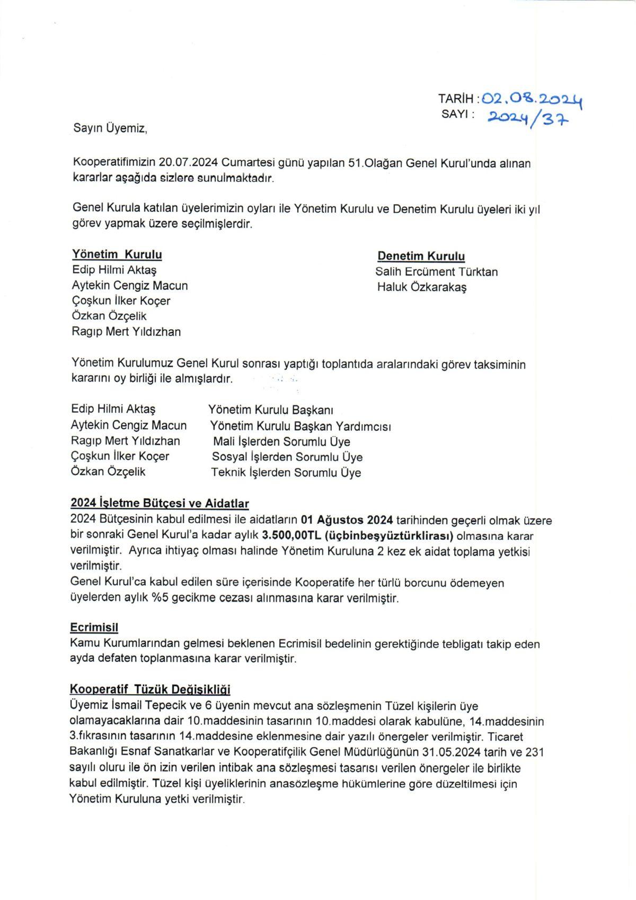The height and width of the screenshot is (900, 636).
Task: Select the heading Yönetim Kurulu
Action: (x=117, y=254)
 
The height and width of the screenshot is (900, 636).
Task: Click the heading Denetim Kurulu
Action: (x=421, y=256)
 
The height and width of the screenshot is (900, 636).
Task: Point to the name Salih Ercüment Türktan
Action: (x=437, y=272)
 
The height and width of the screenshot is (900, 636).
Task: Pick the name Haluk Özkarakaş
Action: (x=422, y=288)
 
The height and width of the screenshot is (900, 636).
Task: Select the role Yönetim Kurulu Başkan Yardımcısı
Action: (x=301, y=426)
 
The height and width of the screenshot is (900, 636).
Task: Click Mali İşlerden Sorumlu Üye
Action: (x=281, y=442)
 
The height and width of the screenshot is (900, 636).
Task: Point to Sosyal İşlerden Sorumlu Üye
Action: (x=287, y=457)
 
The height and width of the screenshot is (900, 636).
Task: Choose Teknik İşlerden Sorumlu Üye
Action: (x=286, y=472)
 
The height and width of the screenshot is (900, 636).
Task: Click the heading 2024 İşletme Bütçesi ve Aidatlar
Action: (x=160, y=503)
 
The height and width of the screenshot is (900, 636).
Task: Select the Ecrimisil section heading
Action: (x=94, y=627)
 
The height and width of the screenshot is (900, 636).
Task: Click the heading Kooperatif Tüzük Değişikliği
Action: (x=150, y=689)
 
